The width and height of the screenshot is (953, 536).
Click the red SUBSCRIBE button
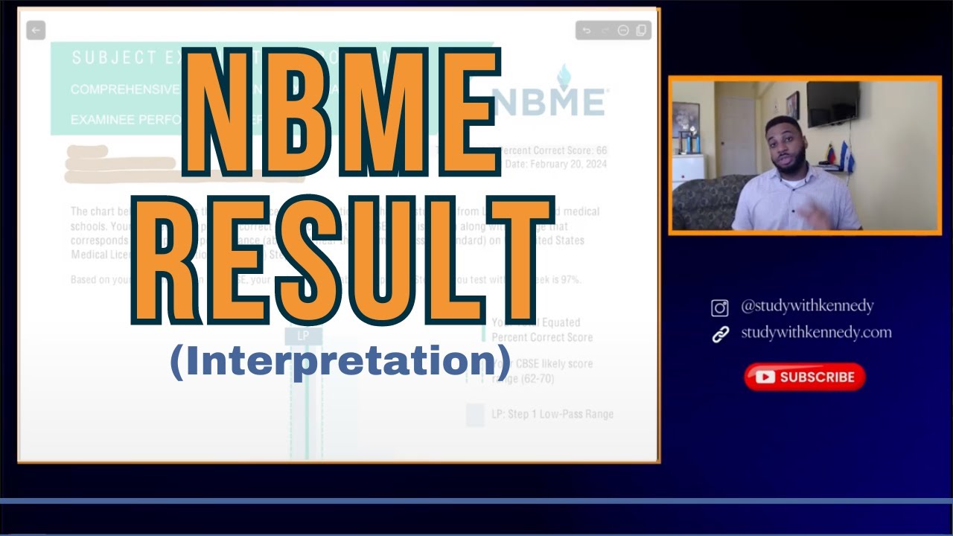pyautogui.click(x=805, y=377)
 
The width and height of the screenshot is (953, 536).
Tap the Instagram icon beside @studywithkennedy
pyautogui.click(x=720, y=307)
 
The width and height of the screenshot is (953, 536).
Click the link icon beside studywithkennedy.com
pyautogui.click(x=720, y=334)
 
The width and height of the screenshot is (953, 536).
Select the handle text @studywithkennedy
pyautogui.click(x=807, y=306)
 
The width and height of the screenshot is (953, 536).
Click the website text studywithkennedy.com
pyautogui.click(x=816, y=333)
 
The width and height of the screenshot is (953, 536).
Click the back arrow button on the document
pyautogui.click(x=36, y=31)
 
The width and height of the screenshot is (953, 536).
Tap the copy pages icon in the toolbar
pyautogui.click(x=641, y=31)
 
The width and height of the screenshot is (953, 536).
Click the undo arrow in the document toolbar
pyautogui.click(x=587, y=31)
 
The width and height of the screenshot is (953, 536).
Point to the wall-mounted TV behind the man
pyautogui.click(x=832, y=104)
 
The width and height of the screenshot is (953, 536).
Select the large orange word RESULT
pyautogui.click(x=342, y=261)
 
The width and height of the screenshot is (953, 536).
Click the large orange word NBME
pyautogui.click(x=342, y=112)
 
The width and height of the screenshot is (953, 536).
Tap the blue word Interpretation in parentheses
pyautogui.click(x=341, y=361)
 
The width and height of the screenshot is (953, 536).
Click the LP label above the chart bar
pyautogui.click(x=303, y=336)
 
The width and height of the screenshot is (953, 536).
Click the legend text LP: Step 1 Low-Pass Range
pyautogui.click(x=552, y=414)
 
